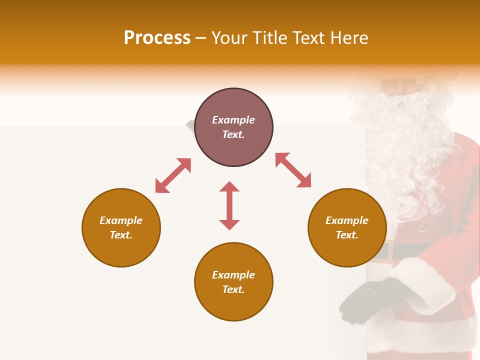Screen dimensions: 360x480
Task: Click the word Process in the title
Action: (x=157, y=38)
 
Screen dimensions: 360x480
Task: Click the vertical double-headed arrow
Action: (x=229, y=205)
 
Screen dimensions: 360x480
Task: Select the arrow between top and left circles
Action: (x=173, y=175)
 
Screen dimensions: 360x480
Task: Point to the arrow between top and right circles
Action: (x=293, y=170)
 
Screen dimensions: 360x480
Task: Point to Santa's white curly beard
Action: (x=400, y=150)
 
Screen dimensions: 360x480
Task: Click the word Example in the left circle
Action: (x=121, y=220)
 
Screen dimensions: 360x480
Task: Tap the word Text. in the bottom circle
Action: (x=233, y=289)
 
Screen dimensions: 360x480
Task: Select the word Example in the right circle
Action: (x=347, y=220)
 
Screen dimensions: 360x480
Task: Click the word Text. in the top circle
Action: (x=233, y=134)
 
